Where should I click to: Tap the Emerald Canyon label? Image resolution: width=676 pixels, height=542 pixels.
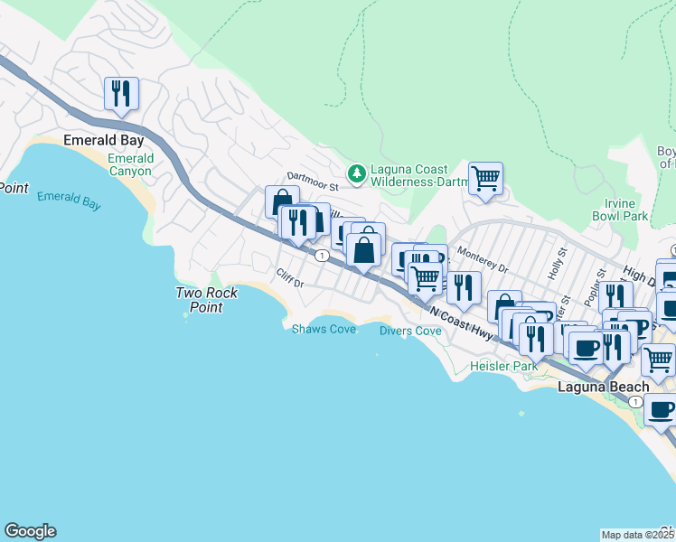click(x=131, y=164)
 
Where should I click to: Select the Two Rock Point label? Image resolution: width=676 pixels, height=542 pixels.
click(x=206, y=300)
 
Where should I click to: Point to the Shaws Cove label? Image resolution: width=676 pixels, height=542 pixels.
click(x=324, y=329)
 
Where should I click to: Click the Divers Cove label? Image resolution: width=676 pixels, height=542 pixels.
click(x=410, y=331)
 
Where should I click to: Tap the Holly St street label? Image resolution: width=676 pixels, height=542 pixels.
click(x=554, y=268)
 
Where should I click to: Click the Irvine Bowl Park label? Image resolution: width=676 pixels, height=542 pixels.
click(x=620, y=210)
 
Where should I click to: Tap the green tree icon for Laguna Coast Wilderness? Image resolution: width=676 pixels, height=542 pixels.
click(x=358, y=172)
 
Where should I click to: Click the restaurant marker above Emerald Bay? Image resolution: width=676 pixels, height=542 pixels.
click(x=120, y=93)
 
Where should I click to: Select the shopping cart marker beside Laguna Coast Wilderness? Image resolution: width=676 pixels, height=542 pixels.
click(x=485, y=179)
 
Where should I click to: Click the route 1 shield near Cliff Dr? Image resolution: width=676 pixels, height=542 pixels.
click(x=321, y=256)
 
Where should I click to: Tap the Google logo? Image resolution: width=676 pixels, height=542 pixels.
click(x=30, y=531)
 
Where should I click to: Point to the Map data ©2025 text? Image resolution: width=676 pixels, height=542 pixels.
click(x=637, y=535)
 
